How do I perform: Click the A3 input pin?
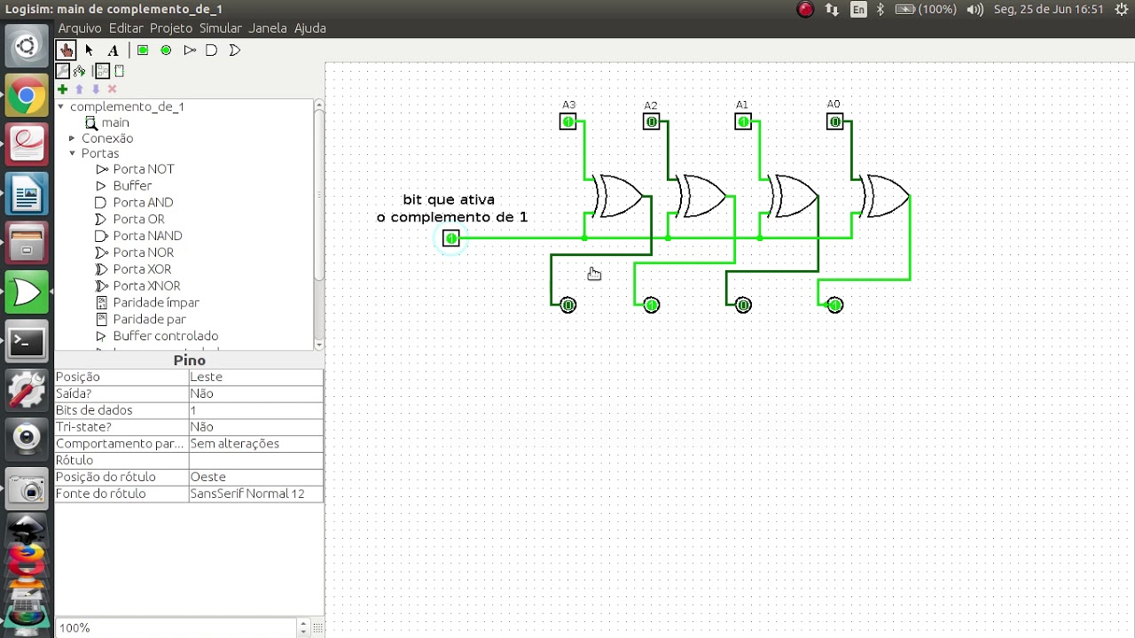click(567, 121)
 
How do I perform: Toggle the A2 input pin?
click(651, 121)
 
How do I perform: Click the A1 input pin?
click(743, 121)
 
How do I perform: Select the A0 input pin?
click(834, 121)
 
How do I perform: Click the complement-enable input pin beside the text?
click(451, 238)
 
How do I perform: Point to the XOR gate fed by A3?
click(618, 196)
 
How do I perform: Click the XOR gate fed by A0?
click(885, 196)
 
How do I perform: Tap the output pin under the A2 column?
click(652, 305)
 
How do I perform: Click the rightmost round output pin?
click(835, 305)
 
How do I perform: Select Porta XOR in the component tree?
click(142, 268)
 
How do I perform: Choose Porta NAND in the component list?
click(147, 236)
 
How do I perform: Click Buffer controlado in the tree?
click(165, 336)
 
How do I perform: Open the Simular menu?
click(221, 28)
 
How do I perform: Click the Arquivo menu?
click(80, 28)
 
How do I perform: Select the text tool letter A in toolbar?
click(113, 51)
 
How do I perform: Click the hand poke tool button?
click(66, 51)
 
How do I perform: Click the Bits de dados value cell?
click(256, 410)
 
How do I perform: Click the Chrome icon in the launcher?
click(27, 95)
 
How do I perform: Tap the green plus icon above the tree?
click(62, 89)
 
